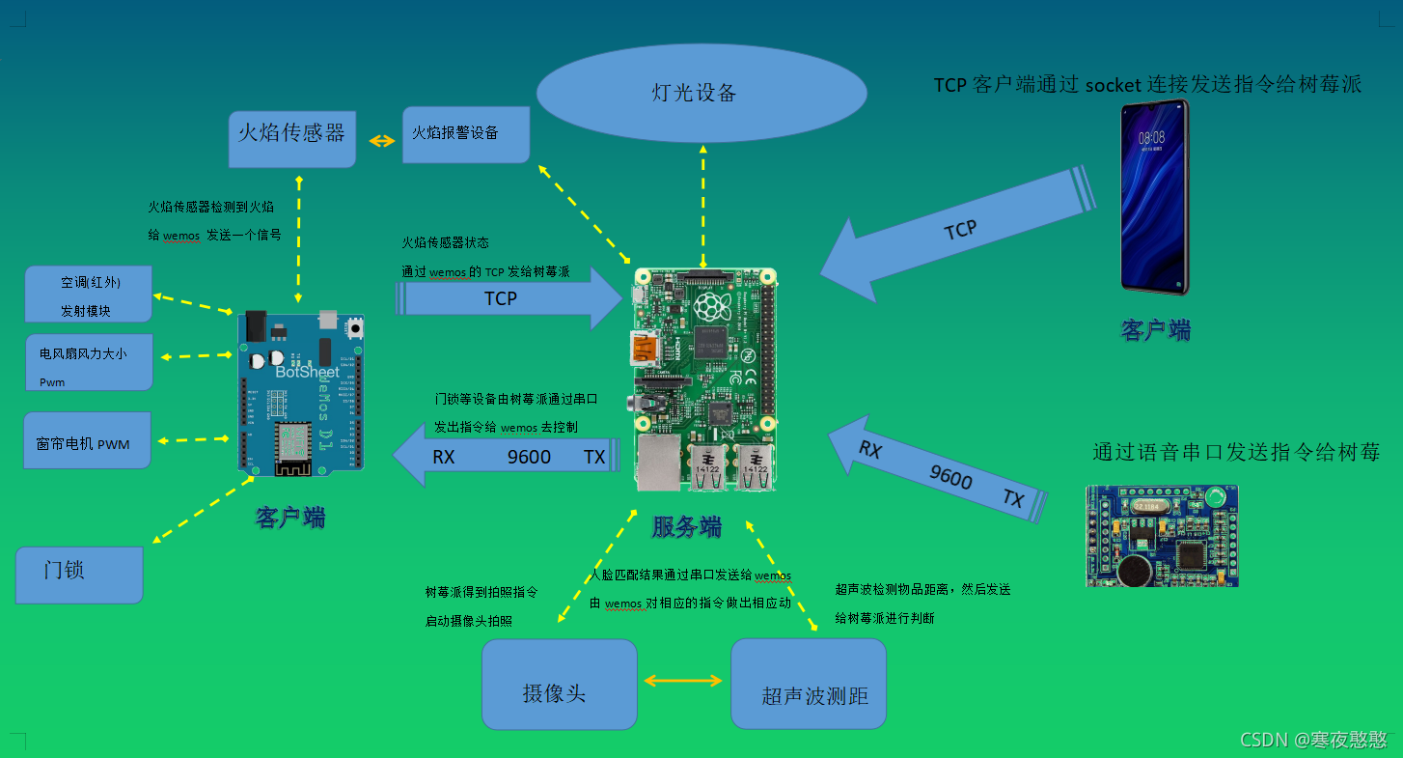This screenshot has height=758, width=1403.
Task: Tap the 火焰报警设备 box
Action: (x=466, y=134)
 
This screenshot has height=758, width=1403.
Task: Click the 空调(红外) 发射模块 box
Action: (x=89, y=295)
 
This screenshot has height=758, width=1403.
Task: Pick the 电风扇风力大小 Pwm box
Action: (x=89, y=362)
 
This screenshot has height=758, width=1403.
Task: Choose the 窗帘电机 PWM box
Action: (x=87, y=440)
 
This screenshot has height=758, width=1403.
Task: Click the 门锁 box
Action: (x=79, y=575)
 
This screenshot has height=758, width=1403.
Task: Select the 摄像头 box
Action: (x=559, y=684)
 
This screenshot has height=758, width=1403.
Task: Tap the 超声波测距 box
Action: (x=808, y=684)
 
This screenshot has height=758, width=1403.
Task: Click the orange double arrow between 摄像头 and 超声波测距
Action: (x=683, y=681)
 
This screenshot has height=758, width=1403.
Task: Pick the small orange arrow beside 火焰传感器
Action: (x=382, y=141)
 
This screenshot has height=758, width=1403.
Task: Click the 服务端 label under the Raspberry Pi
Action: (x=686, y=527)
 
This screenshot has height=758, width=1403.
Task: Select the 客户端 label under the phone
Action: (x=1155, y=330)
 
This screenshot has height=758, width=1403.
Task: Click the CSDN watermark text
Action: (x=1313, y=740)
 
